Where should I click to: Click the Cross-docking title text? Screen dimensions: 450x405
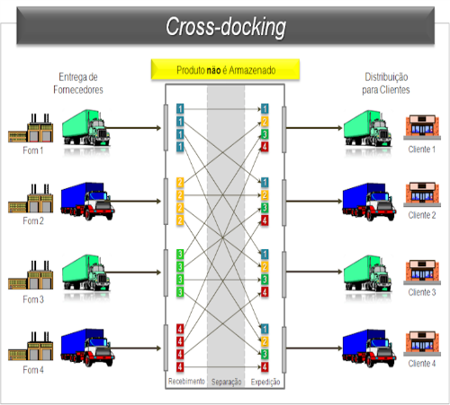[226, 27]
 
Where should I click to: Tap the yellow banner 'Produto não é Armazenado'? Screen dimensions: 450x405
[225, 70]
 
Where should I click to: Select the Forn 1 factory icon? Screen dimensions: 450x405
[31, 128]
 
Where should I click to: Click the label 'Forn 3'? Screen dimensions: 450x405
[33, 299]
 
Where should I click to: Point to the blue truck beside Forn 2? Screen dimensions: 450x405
[87, 201]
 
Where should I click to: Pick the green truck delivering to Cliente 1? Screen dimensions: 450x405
[367, 128]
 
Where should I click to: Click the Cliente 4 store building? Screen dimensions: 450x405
[422, 344]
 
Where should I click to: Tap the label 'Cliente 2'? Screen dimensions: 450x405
[422, 215]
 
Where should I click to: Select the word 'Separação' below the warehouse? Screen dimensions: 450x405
[226, 382]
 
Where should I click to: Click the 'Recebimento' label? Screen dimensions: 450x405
[186, 381]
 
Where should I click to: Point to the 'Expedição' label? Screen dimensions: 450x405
[265, 382]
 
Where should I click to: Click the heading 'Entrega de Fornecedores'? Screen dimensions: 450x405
[78, 83]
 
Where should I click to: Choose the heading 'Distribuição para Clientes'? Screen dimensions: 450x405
[386, 83]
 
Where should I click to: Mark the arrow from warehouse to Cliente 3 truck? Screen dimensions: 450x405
[314, 272]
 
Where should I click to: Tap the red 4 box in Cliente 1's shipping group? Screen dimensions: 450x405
[265, 147]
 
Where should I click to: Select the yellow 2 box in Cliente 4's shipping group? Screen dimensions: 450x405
[265, 341]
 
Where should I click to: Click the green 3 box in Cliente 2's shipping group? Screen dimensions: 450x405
[265, 208]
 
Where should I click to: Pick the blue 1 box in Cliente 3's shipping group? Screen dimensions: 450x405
[265, 255]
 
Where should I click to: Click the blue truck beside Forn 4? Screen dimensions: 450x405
[87, 347]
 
